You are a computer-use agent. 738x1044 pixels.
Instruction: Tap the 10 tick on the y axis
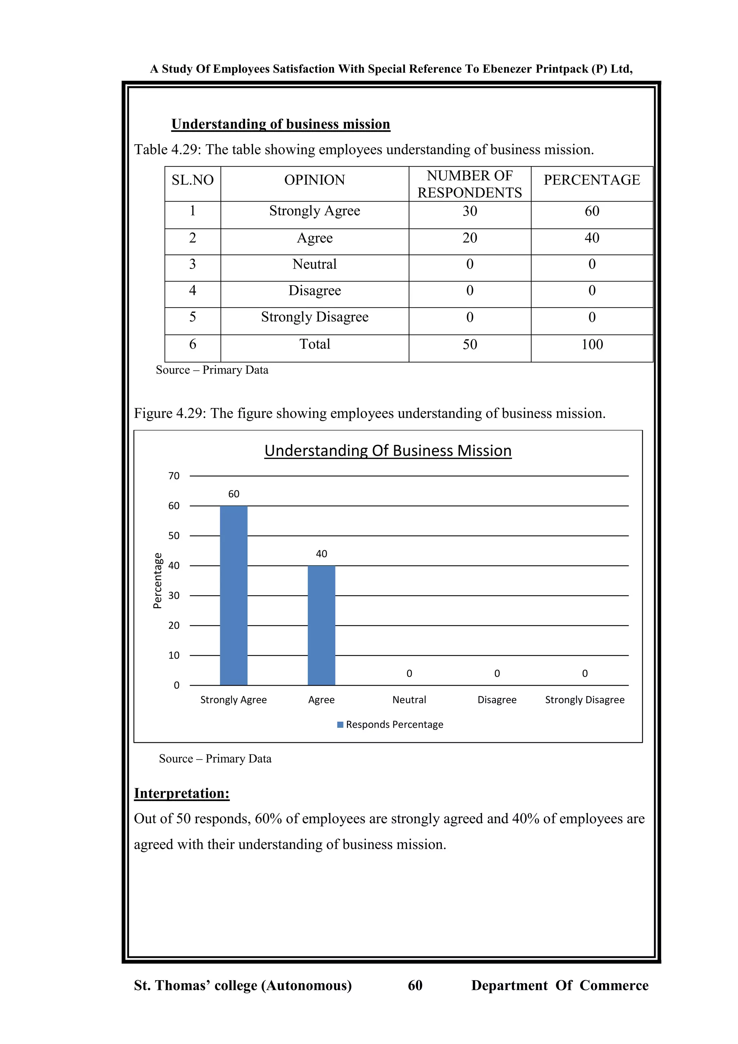[x=174, y=655]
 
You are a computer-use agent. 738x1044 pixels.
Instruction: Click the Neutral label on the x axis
[x=409, y=700]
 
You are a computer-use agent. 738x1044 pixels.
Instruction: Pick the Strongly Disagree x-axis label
[x=584, y=700]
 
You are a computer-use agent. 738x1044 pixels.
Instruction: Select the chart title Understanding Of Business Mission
[x=388, y=451]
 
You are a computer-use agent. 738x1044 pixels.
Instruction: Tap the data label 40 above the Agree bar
[x=321, y=553]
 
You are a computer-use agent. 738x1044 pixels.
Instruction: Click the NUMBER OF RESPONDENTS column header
[x=470, y=184]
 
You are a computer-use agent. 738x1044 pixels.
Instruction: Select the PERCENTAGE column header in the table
[x=592, y=180]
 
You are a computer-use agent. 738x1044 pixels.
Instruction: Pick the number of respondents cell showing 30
[x=470, y=211]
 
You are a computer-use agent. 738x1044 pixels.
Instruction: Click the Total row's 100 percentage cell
[x=592, y=344]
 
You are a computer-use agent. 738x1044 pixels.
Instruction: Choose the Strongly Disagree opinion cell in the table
[x=315, y=317]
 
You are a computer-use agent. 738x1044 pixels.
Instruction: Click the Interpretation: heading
[x=181, y=793]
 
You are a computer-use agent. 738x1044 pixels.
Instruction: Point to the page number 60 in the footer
[x=415, y=985]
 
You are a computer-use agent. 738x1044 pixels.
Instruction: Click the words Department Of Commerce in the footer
[x=559, y=985]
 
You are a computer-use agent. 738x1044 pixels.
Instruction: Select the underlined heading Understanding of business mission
[x=280, y=124]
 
